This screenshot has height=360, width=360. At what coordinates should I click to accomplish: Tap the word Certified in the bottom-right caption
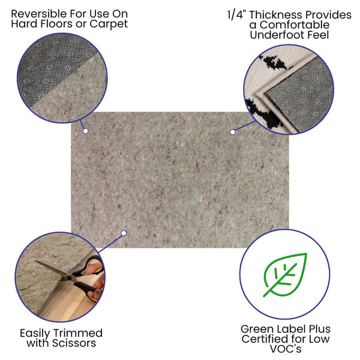268,340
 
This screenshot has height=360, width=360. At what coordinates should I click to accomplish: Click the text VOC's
285,350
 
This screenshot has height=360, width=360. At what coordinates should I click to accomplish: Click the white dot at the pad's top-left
86,130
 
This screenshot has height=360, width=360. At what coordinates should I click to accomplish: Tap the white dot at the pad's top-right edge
232,130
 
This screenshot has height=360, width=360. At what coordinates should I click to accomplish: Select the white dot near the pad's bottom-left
123,233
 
